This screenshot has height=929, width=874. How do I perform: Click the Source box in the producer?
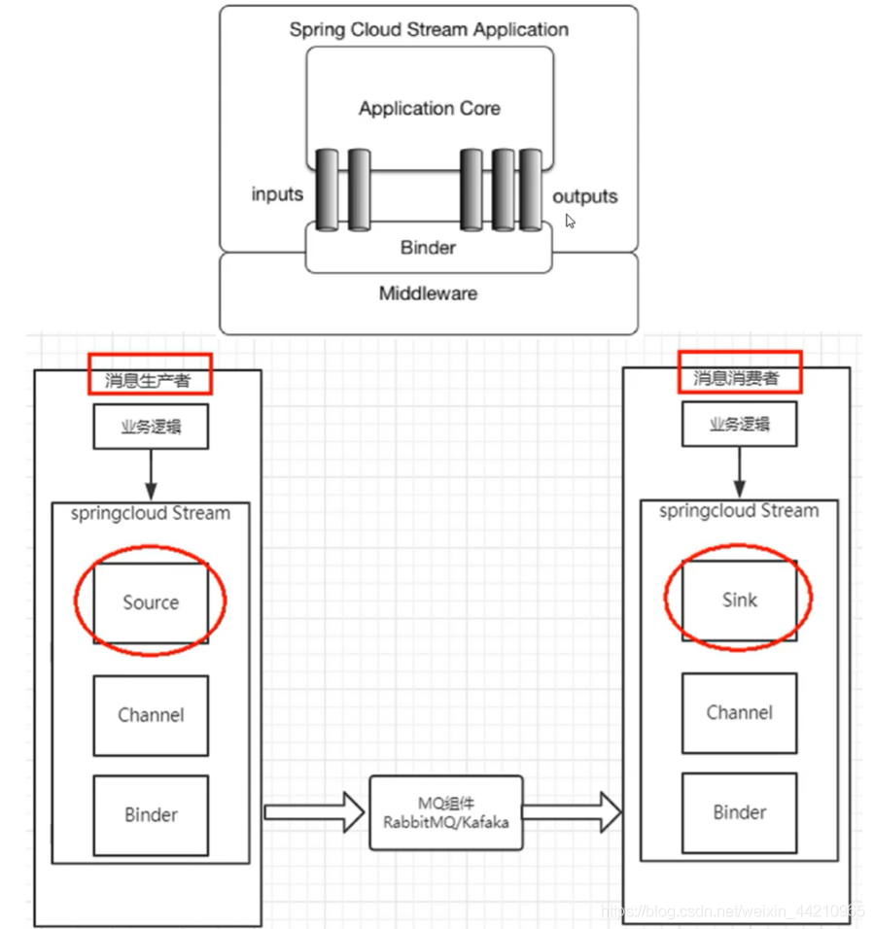151,602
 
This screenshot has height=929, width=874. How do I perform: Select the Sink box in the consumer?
739,600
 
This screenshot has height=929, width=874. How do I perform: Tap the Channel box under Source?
151,715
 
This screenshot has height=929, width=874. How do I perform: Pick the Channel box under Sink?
739,712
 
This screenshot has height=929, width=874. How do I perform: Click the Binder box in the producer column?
151,814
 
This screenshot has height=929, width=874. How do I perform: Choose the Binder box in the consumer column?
739,812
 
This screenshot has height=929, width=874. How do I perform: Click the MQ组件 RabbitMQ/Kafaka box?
446,812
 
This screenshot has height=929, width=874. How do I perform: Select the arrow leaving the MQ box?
574,812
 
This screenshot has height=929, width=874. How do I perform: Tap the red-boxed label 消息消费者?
739,374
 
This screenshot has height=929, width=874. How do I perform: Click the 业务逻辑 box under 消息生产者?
151,427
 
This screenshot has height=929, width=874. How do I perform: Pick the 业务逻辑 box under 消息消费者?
739,425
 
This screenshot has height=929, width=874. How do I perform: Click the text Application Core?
429,109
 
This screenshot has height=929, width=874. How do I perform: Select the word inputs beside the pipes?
277,194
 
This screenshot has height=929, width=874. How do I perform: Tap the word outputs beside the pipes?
584,196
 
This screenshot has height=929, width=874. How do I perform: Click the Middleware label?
428,292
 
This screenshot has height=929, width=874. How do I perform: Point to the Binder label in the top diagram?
428,248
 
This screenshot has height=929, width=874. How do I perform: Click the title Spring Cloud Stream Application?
429,29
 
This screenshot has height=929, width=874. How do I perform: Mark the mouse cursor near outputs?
571,222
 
